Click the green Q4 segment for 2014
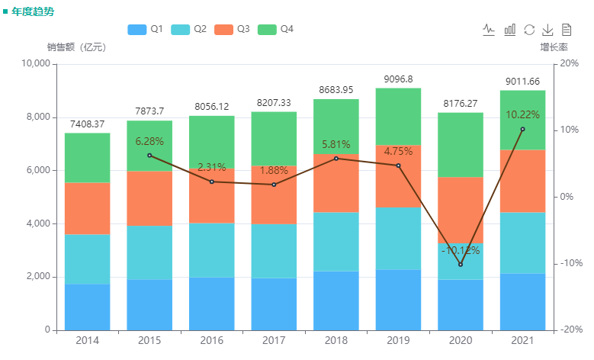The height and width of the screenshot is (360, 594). (87, 158)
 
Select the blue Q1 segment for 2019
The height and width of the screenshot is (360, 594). (398, 300)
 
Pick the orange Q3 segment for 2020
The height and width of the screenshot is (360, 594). (460, 211)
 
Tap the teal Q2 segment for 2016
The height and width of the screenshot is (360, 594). (211, 250)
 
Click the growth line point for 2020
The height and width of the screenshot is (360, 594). (460, 264)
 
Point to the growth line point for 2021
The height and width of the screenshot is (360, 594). (522, 129)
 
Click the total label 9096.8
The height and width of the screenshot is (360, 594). (398, 79)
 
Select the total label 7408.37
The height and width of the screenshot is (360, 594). (87, 124)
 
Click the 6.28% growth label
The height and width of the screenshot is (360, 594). (149, 142)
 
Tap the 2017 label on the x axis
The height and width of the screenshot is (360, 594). (274, 340)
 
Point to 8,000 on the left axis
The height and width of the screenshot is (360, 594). (35, 117)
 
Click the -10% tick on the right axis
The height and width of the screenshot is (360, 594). (570, 263)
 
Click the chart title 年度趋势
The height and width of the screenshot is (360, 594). (33, 11)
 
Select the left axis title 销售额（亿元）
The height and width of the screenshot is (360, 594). (76, 47)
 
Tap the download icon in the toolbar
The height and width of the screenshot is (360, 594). (547, 30)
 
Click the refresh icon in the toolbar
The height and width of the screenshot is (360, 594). (529, 30)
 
